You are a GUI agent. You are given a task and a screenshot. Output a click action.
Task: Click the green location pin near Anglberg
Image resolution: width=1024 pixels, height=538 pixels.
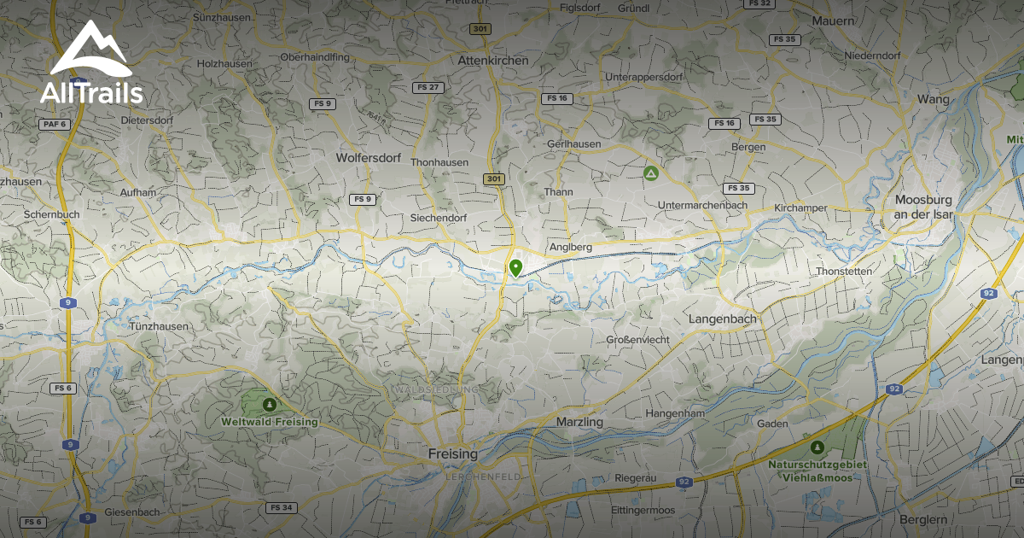pyautogui.click(x=515, y=269)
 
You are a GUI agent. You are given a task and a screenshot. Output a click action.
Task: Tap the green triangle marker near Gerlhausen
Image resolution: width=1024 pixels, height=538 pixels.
pyautogui.click(x=650, y=173)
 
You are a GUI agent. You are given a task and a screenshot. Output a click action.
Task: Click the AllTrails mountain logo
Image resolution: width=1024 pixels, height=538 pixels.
pyautogui.click(x=90, y=50)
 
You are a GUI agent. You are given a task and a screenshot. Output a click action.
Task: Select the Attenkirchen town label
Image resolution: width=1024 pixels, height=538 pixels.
pyautogui.click(x=494, y=61)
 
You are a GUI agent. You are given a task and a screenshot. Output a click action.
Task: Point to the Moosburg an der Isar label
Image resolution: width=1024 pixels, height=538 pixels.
pyautogui.click(x=923, y=207)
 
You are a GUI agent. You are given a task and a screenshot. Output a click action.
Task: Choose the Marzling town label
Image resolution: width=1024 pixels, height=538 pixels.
pyautogui.click(x=579, y=422)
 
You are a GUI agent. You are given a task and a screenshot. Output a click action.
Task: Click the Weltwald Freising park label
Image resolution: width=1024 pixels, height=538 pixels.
pyautogui.click(x=269, y=422)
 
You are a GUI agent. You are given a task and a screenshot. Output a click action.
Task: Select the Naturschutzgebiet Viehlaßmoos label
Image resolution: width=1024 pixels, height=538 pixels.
pyautogui.click(x=817, y=470)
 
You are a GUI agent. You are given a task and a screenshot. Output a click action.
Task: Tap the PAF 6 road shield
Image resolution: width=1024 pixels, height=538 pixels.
pyautogui.click(x=53, y=124)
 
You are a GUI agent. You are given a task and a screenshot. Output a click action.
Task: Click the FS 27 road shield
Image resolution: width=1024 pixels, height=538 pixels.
pyautogui.click(x=428, y=87)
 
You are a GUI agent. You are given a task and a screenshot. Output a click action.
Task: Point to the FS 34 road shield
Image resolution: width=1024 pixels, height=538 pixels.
pyautogui.click(x=281, y=507)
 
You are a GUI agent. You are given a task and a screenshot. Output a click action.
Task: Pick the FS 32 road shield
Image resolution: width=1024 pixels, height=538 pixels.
pyautogui.click(x=758, y=3)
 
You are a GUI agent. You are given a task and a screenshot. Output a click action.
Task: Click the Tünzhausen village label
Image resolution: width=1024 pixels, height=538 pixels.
pyautogui.click(x=159, y=326)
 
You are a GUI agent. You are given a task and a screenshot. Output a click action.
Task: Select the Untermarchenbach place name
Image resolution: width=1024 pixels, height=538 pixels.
pyautogui.click(x=703, y=205)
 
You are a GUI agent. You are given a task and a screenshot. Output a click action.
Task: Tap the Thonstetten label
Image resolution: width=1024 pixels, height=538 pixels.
pyautogui.click(x=843, y=272)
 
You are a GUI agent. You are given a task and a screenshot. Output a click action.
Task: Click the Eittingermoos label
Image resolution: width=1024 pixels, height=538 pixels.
pyautogui.click(x=644, y=510)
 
